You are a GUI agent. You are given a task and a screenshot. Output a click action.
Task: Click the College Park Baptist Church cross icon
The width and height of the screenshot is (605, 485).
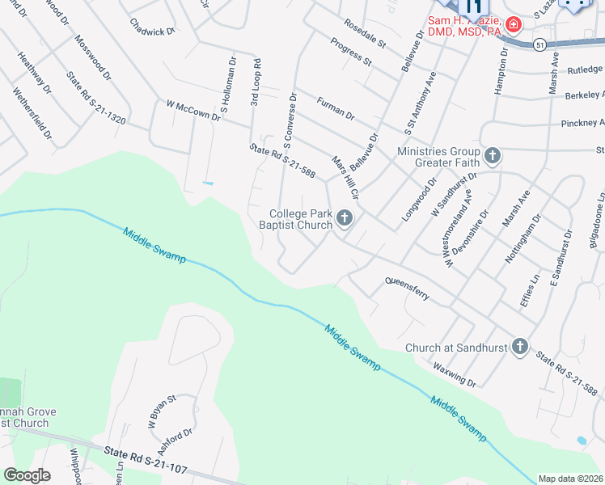(345, 217)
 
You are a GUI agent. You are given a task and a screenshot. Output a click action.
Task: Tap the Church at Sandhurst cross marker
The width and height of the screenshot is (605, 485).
(520, 347)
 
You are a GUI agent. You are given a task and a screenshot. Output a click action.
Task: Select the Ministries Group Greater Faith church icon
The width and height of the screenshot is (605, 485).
(492, 154)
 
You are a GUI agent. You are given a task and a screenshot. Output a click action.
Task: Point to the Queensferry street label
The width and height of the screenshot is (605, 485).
(408, 289)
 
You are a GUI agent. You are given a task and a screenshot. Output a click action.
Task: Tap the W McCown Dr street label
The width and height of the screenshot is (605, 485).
(193, 110)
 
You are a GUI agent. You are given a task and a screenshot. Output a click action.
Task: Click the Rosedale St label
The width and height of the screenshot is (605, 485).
(366, 32)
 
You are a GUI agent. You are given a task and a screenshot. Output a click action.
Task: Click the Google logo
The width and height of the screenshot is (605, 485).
(27, 475)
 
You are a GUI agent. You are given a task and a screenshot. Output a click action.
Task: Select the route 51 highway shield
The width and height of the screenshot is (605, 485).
(539, 45)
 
